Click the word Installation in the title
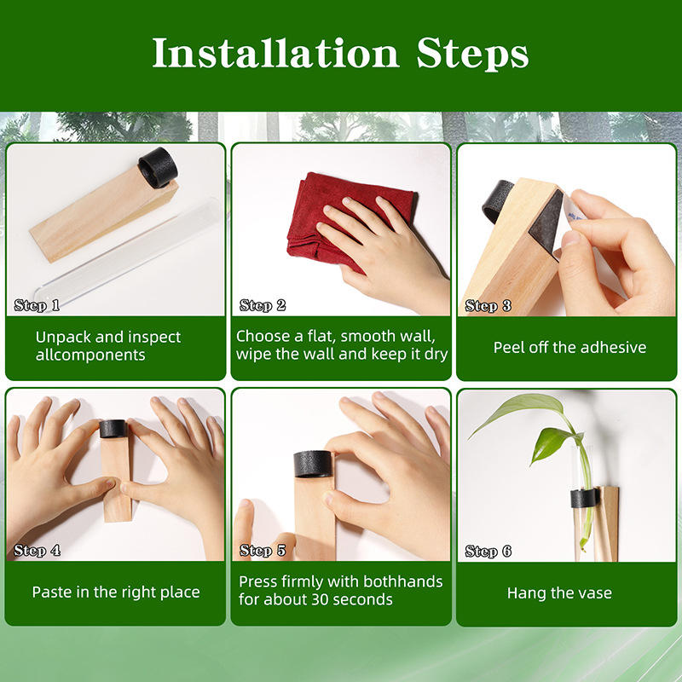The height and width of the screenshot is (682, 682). coord(275,53)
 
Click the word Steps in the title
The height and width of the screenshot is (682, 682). coord(472,55)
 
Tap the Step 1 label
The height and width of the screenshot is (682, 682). coord(37,305)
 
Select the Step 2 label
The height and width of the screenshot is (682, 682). coord(263,305)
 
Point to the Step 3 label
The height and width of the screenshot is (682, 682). coord(488,306)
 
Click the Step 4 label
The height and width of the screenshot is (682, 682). coord(37,551)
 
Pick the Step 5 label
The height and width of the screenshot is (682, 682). coord(263,551)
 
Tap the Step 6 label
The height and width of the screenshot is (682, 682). coord(488,552)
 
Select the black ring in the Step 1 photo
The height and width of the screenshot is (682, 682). coord(158,167)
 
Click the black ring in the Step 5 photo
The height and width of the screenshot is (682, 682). coord(313,464)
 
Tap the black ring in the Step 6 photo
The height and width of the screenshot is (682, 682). coord(584,499)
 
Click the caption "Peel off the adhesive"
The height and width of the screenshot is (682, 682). coord(569,348)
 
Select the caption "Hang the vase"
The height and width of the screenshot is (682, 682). coord(559,592)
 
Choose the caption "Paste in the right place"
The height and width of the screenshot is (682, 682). coord(116,592)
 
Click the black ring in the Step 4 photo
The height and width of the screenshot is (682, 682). coord(113,429)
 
